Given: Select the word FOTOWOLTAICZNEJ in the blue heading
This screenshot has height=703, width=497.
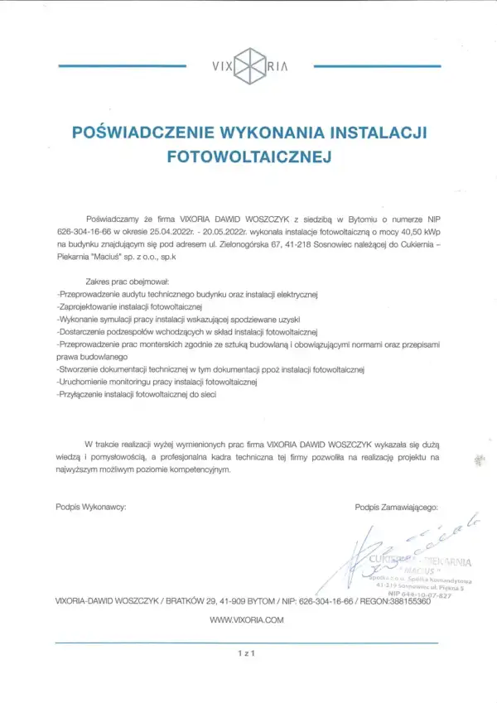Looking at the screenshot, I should click(248, 155).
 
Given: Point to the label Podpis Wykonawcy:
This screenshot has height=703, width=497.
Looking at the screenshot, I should click(91, 506).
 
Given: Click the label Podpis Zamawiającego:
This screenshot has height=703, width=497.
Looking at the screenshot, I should click(396, 506).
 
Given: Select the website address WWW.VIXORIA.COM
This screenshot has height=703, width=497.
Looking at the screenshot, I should click(247, 619).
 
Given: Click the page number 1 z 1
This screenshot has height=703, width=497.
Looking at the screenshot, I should click(248, 653).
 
